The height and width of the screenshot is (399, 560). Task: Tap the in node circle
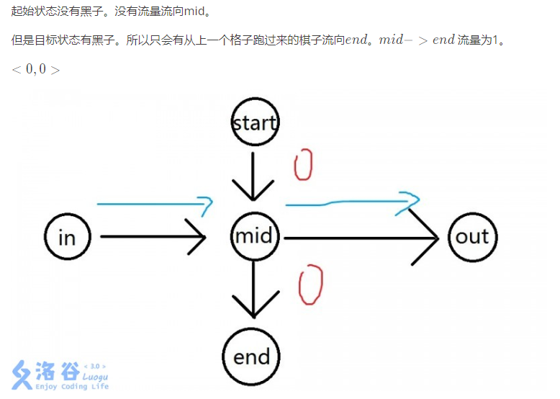click(67, 236)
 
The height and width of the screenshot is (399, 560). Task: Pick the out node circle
click(472, 236)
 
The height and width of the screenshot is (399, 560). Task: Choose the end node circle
click(251, 357)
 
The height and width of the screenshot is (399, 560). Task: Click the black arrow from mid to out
click(360, 236)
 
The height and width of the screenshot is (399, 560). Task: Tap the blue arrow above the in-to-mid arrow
click(154, 205)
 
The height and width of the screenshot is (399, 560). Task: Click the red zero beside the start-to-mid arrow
click(303, 166)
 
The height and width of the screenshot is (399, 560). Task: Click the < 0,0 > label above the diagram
click(35, 70)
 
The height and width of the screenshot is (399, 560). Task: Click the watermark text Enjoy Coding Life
click(72, 387)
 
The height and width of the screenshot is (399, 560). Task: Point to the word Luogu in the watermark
click(96, 377)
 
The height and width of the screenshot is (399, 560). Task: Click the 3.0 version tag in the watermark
click(95, 366)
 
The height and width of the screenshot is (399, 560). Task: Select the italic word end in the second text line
click(357, 40)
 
